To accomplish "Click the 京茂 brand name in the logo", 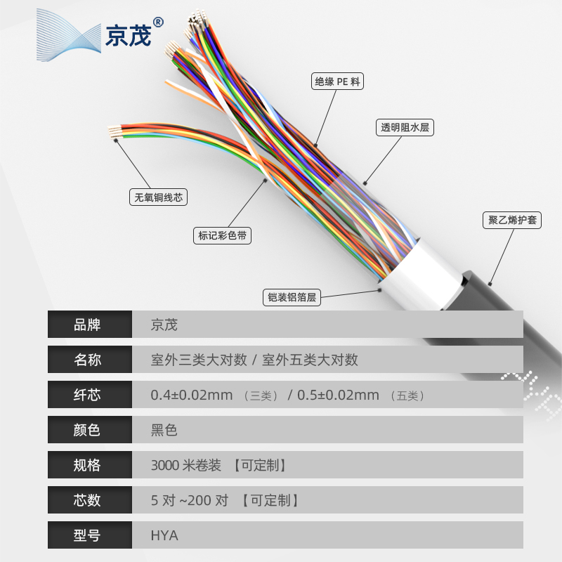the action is (129, 36).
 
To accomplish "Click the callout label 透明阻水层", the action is (405, 128).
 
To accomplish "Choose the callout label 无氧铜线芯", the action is (159, 197).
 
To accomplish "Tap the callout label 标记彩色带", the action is (222, 235).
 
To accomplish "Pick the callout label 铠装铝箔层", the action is (291, 297).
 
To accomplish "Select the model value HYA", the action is (164, 535).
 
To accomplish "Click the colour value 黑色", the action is (164, 430).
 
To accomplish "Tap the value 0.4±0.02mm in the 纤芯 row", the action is (191, 395).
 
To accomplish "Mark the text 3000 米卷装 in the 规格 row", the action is (186, 465).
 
